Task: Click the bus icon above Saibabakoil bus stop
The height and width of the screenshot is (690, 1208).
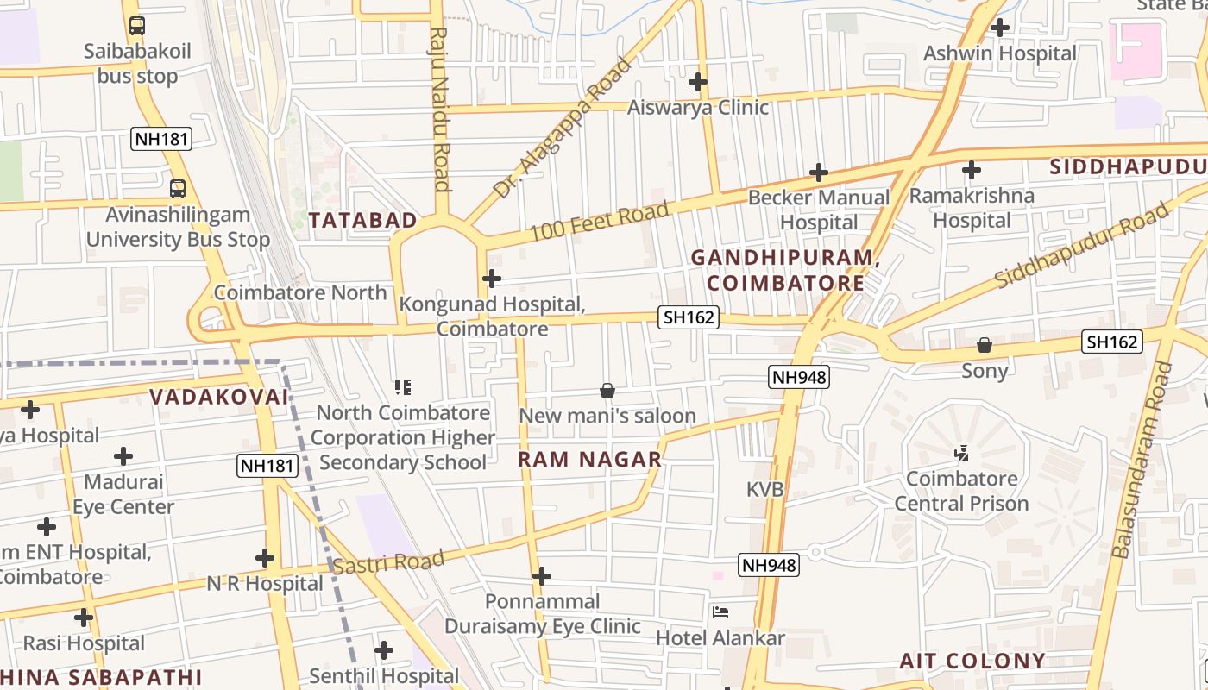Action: pyautogui.click(x=136, y=26)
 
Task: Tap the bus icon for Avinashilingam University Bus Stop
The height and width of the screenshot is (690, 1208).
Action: pyautogui.click(x=177, y=188)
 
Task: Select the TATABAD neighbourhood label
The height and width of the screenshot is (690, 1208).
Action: pyautogui.click(x=362, y=221)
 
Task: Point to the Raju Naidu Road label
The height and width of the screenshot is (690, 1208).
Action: pyautogui.click(x=440, y=108)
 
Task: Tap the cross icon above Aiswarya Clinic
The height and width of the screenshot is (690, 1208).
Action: pyautogui.click(x=698, y=82)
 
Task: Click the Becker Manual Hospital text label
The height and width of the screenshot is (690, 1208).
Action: pyautogui.click(x=818, y=210)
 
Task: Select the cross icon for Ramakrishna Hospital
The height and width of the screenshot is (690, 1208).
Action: pyautogui.click(x=972, y=170)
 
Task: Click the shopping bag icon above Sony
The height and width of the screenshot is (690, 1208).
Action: pyautogui.click(x=985, y=346)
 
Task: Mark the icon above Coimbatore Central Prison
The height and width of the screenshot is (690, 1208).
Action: pyautogui.click(x=961, y=453)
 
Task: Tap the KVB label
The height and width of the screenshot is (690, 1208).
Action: pyautogui.click(x=764, y=489)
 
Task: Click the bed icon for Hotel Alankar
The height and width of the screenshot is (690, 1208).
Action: pyautogui.click(x=720, y=613)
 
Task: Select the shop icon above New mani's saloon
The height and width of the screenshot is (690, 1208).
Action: pyautogui.click(x=607, y=391)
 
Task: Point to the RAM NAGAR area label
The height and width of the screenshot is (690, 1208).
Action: pyautogui.click(x=589, y=460)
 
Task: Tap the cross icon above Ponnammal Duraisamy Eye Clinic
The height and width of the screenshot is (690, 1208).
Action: pyautogui.click(x=542, y=575)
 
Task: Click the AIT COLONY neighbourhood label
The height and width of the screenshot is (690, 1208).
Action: pyautogui.click(x=972, y=662)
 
